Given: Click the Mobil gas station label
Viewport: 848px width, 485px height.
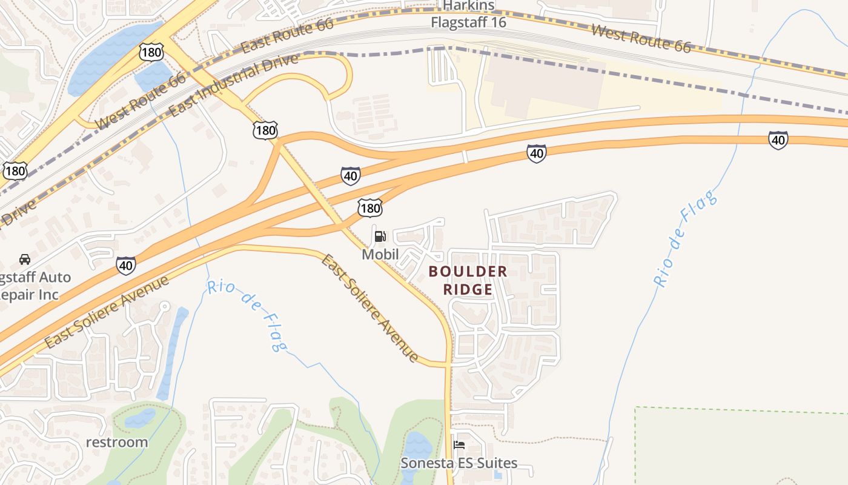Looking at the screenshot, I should click(x=380, y=255).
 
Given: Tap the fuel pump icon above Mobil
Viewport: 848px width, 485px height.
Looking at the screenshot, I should click(x=380, y=236).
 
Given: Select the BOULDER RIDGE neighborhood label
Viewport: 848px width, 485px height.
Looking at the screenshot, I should click(x=468, y=281).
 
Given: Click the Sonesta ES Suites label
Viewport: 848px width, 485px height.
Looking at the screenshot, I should click(x=459, y=464).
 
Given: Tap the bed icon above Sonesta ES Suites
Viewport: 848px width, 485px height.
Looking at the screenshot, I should click(x=459, y=446).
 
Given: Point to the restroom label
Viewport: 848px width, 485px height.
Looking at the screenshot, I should click(x=116, y=442).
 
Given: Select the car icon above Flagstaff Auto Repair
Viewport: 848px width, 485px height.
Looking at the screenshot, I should click(x=25, y=259).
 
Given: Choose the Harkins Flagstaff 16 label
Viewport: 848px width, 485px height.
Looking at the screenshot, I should click(x=468, y=14).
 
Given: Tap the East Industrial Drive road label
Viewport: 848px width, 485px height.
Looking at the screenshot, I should click(x=234, y=85).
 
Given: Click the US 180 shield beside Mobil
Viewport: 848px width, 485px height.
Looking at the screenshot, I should click(x=369, y=209).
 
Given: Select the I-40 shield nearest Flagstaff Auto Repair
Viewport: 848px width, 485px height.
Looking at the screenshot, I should click(x=125, y=265).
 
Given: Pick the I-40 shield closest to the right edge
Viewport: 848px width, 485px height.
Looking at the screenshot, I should click(x=778, y=140).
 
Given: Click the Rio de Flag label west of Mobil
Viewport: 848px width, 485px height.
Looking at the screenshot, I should click(x=247, y=315).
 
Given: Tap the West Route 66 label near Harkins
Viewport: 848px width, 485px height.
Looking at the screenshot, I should click(x=640, y=38).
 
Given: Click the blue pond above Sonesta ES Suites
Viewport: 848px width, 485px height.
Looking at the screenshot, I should click(x=417, y=447).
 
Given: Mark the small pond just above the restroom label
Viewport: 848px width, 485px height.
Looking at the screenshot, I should click(x=140, y=417).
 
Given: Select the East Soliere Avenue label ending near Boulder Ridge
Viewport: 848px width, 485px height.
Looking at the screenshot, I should click(x=369, y=309).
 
